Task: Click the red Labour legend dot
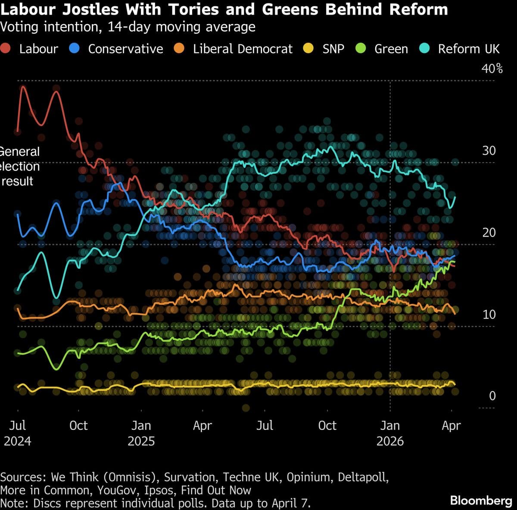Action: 6,49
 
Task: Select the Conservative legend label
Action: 125,49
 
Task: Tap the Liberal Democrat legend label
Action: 243,49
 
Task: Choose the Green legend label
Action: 391,49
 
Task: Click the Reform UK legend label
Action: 468,49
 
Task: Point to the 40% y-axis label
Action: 492,69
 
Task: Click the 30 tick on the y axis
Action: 489,151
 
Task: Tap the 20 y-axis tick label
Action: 489,233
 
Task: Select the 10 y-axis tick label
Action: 489,315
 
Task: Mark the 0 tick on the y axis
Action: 492,396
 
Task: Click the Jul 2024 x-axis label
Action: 18,433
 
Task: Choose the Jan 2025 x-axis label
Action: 141,433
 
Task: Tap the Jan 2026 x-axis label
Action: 390,433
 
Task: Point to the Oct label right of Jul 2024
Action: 78,426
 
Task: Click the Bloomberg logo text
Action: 481,501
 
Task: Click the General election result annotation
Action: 19,166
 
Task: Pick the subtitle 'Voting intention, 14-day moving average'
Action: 128,27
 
